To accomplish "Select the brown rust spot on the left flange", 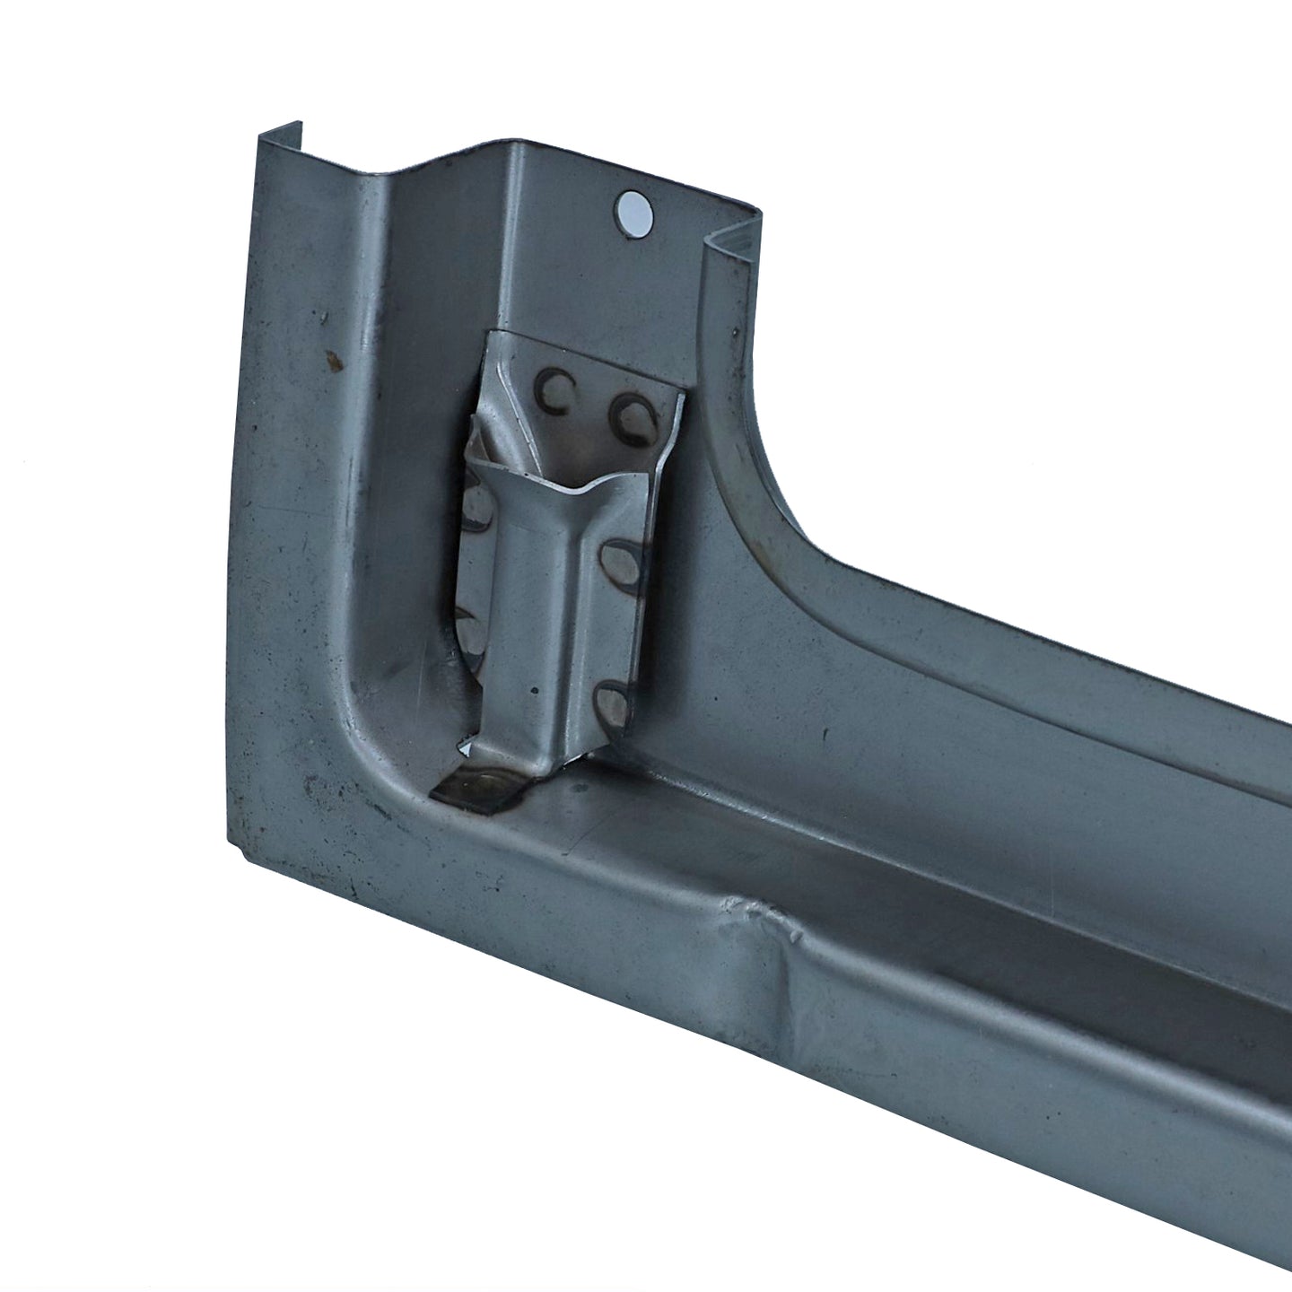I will (x=335, y=362).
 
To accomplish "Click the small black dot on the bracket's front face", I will (x=535, y=692).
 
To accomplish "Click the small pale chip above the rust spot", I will (x=319, y=316).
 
